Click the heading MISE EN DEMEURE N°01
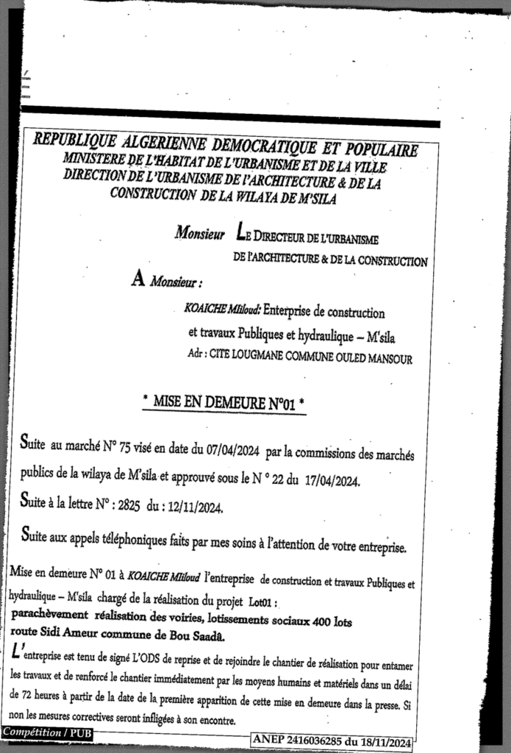click(224, 403)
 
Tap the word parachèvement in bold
click(48, 615)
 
